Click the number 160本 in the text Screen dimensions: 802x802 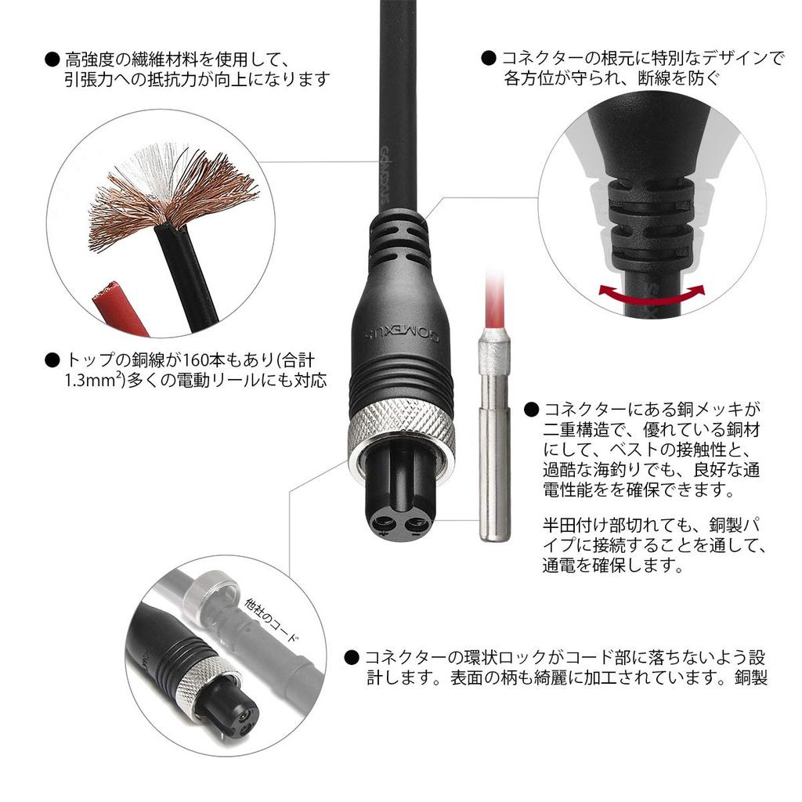point(204,360)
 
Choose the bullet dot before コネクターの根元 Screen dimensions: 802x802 point(489,59)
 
